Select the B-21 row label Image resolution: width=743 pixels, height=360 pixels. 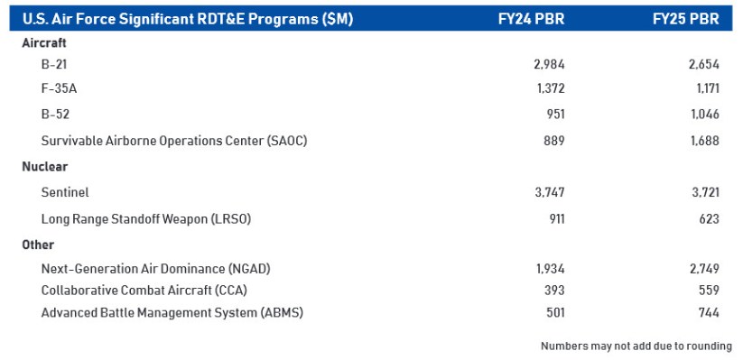pyautogui.click(x=55, y=64)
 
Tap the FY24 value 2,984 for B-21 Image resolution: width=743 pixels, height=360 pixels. pyautogui.click(x=549, y=64)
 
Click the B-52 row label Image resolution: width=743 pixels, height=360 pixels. pyautogui.click(x=55, y=115)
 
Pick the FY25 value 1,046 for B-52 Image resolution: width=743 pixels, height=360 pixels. pyautogui.click(x=702, y=115)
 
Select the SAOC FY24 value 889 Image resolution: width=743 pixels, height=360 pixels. pyautogui.click(x=553, y=140)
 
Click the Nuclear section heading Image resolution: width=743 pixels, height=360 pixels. pyautogui.click(x=45, y=167)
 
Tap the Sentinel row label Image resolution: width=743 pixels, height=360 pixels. pyautogui.click(x=65, y=192)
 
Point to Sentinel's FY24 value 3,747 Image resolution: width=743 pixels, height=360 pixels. pyautogui.click(x=549, y=192)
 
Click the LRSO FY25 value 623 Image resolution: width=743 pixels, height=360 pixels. pyautogui.click(x=709, y=218)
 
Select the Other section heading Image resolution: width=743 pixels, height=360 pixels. pyautogui.click(x=38, y=245)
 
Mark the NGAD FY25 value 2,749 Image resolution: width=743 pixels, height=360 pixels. pyautogui.click(x=702, y=269)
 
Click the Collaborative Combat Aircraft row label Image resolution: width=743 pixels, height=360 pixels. pyautogui.click(x=144, y=291)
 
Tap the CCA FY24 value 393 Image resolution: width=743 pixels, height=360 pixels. pyautogui.click(x=553, y=291)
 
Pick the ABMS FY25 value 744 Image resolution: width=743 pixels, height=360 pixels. pyautogui.click(x=709, y=312)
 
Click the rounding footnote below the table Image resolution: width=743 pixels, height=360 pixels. pyautogui.click(x=636, y=346)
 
